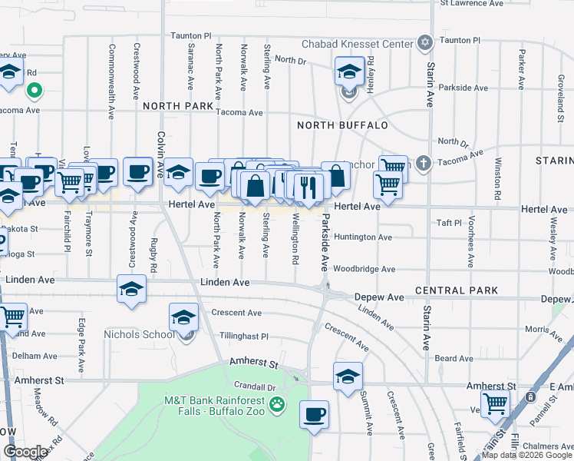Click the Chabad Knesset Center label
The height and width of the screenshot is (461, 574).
point(357,44)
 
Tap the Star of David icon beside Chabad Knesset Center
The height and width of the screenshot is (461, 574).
point(424,42)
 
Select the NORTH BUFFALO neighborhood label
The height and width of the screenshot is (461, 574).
point(342,125)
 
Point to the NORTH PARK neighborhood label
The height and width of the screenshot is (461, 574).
point(177,105)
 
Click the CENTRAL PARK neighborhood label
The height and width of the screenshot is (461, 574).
point(457,291)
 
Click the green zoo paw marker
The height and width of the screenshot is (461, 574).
point(277,404)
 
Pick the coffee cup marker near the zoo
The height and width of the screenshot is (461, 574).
point(314,416)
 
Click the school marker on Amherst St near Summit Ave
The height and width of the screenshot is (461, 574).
point(348,376)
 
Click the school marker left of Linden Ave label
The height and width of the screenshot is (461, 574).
point(131,290)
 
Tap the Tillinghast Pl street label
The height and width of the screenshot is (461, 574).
point(243,337)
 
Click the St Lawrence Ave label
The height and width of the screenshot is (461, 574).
point(471,4)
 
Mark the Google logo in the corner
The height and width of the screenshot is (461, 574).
point(26,452)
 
